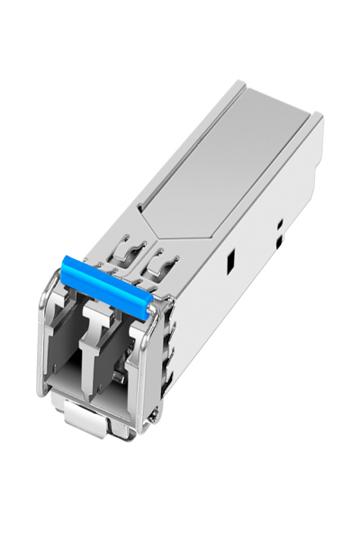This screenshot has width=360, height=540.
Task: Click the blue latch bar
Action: pyautogui.click(x=103, y=287)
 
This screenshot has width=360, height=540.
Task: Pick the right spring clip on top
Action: pyautogui.click(x=161, y=264)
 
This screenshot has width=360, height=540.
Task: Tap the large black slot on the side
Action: pyautogui.click(x=231, y=262)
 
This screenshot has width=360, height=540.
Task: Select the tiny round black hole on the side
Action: pyautogui.click(x=280, y=222)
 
